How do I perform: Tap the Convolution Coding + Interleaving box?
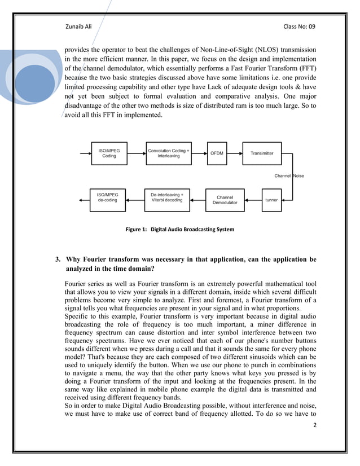point(168,153)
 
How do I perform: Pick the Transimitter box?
point(262,153)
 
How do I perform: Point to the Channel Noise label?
point(289,176)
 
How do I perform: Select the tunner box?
point(271,200)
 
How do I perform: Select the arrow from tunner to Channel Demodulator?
point(252,200)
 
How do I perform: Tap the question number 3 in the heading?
point(58,260)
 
